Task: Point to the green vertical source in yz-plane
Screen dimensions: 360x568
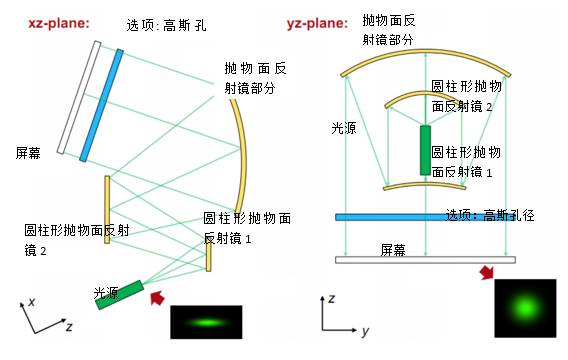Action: (x=426, y=150)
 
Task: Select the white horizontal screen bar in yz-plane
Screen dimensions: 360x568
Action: (x=425, y=260)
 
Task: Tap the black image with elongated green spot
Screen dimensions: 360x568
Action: (x=205, y=322)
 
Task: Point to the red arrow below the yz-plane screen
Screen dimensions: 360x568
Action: (x=486, y=273)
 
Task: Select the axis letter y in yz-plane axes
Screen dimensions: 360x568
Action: (x=366, y=330)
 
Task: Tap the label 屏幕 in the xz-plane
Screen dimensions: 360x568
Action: (x=29, y=153)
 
